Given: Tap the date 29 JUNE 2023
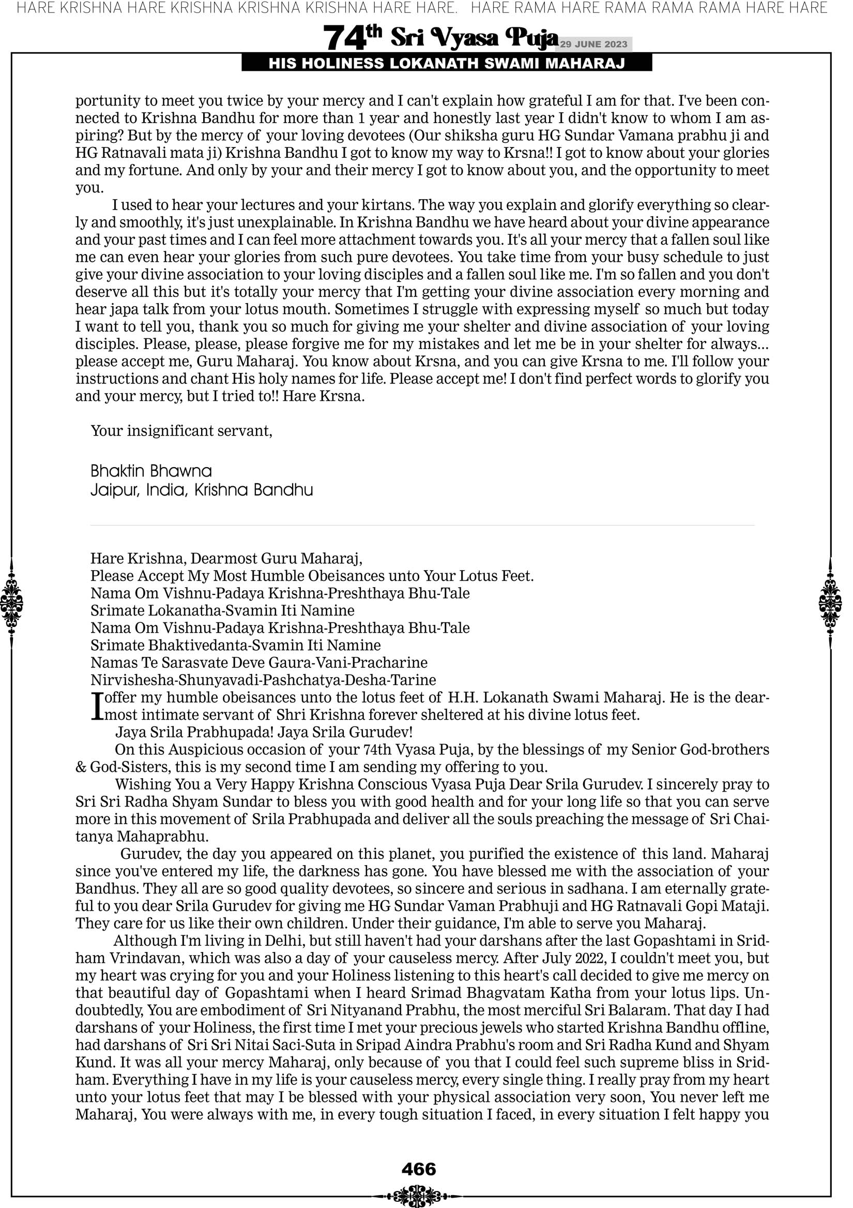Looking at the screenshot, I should (x=593, y=44).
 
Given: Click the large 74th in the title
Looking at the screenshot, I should (x=352, y=38).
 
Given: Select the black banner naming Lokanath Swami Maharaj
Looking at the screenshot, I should (x=447, y=64).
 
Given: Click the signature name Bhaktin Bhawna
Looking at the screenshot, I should (x=151, y=471).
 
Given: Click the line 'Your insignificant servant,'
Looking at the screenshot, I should (x=181, y=431).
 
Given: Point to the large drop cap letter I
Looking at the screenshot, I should (x=96, y=706).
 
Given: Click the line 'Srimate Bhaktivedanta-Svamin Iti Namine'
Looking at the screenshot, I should (x=235, y=645).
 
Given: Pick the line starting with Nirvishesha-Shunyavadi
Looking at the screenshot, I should (x=263, y=680).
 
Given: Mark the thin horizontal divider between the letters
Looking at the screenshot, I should (x=422, y=525).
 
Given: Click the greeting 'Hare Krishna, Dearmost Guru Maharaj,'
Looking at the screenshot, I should (x=226, y=558).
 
